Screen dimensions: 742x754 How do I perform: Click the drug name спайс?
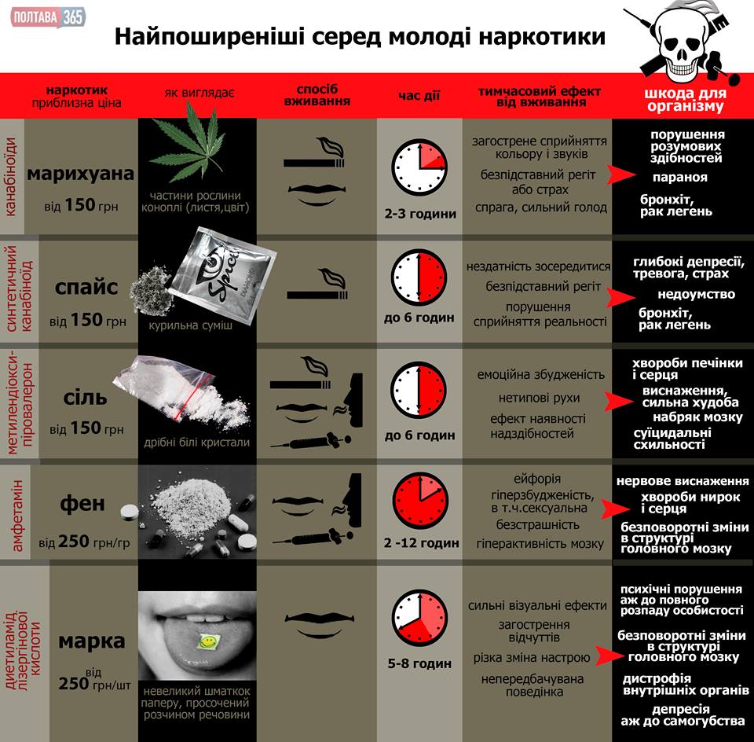(x=86, y=288)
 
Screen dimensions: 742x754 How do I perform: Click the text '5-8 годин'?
(x=419, y=663)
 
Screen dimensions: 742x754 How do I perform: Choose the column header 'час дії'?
(x=419, y=97)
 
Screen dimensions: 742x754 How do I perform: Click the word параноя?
(x=679, y=178)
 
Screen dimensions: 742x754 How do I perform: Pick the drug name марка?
(x=92, y=641)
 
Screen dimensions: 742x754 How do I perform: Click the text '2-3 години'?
(x=420, y=213)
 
